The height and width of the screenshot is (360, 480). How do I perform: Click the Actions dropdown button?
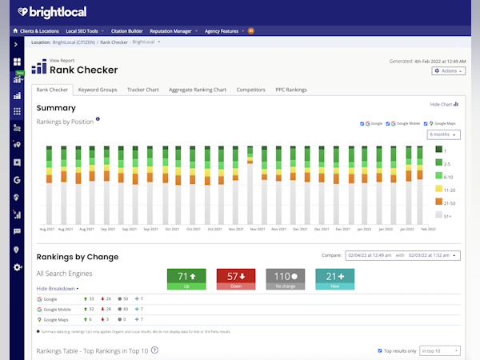[447, 71]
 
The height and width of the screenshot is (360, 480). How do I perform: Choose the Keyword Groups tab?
[98, 90]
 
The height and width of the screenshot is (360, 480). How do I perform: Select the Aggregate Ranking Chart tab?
[198, 90]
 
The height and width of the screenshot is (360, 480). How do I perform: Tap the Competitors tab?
[251, 90]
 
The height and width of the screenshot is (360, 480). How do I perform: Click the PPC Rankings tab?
[291, 90]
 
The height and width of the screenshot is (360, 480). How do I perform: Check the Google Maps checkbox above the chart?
[428, 123]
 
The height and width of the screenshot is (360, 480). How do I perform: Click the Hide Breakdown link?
[58, 288]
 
